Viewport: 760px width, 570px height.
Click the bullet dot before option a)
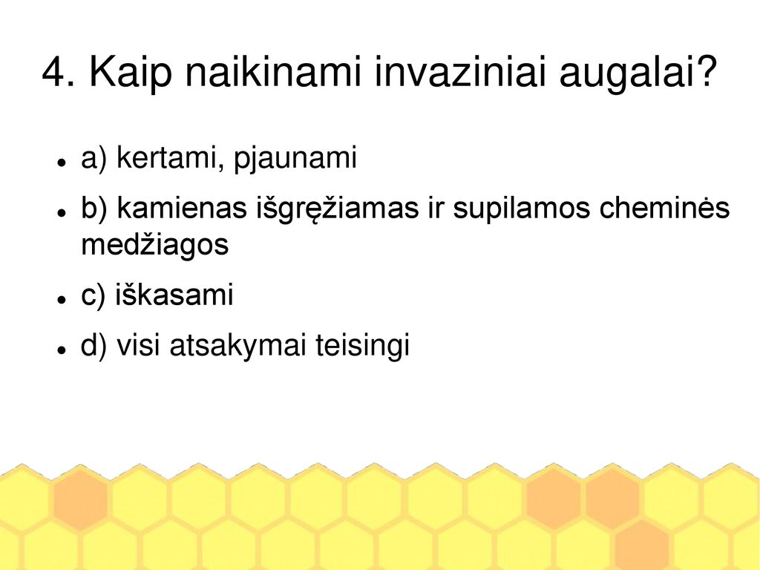click(x=61, y=162)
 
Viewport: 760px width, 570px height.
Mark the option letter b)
click(x=94, y=208)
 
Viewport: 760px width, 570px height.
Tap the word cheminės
click(x=664, y=208)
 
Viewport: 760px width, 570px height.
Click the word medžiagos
click(x=154, y=246)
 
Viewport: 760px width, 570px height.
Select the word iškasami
click(x=174, y=294)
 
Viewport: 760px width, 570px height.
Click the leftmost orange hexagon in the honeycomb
click(x=80, y=499)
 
